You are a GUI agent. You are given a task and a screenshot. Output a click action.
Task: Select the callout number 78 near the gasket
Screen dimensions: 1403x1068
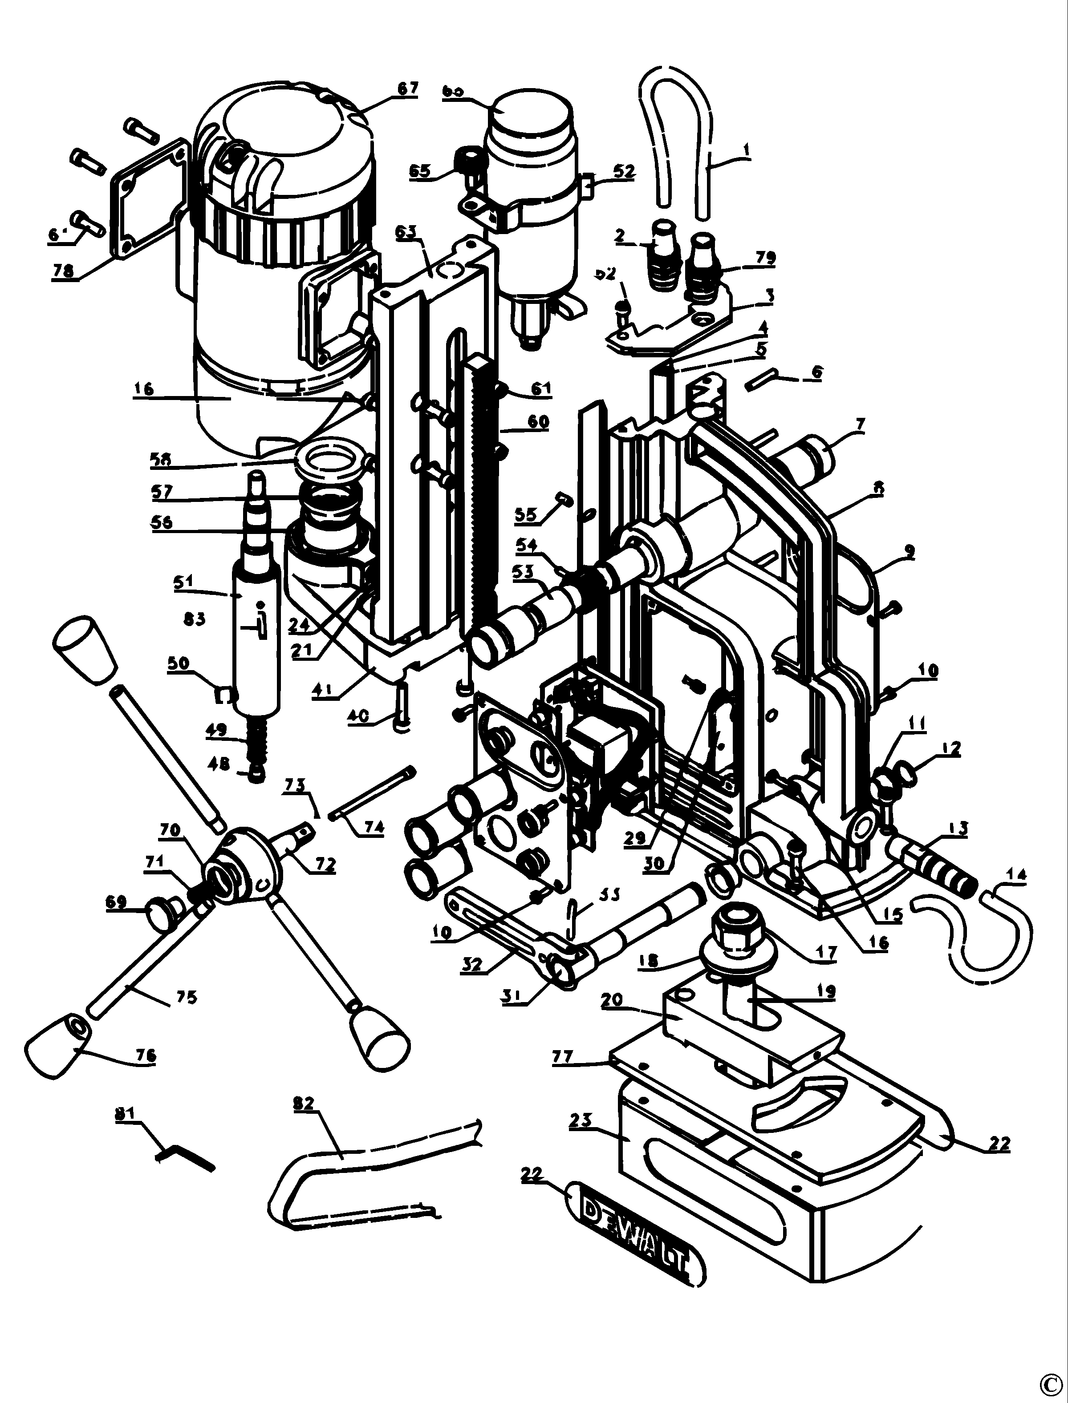(x=63, y=270)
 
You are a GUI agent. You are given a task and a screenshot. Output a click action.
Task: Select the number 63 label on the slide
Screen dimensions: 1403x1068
(x=407, y=231)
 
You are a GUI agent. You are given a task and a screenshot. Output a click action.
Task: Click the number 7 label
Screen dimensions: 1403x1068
(x=861, y=423)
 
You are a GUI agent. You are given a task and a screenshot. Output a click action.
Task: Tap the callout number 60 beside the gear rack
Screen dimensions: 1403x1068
(x=538, y=421)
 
